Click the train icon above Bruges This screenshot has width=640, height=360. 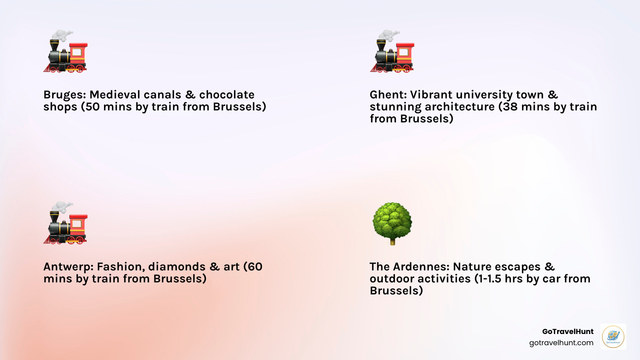pos(66,51)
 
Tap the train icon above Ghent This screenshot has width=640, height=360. pos(392,51)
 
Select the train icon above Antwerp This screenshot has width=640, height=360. pos(66,223)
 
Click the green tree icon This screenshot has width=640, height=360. pos(392,224)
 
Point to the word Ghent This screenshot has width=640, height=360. pos(388,95)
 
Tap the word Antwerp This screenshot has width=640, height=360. pos(68,267)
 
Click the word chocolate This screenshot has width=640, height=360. pos(227,95)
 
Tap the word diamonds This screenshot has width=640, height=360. pos(177,267)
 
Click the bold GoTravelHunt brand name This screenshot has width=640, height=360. pos(568,332)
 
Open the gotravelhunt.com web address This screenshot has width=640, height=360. pos(561,343)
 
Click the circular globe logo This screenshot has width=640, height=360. pos(613,336)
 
